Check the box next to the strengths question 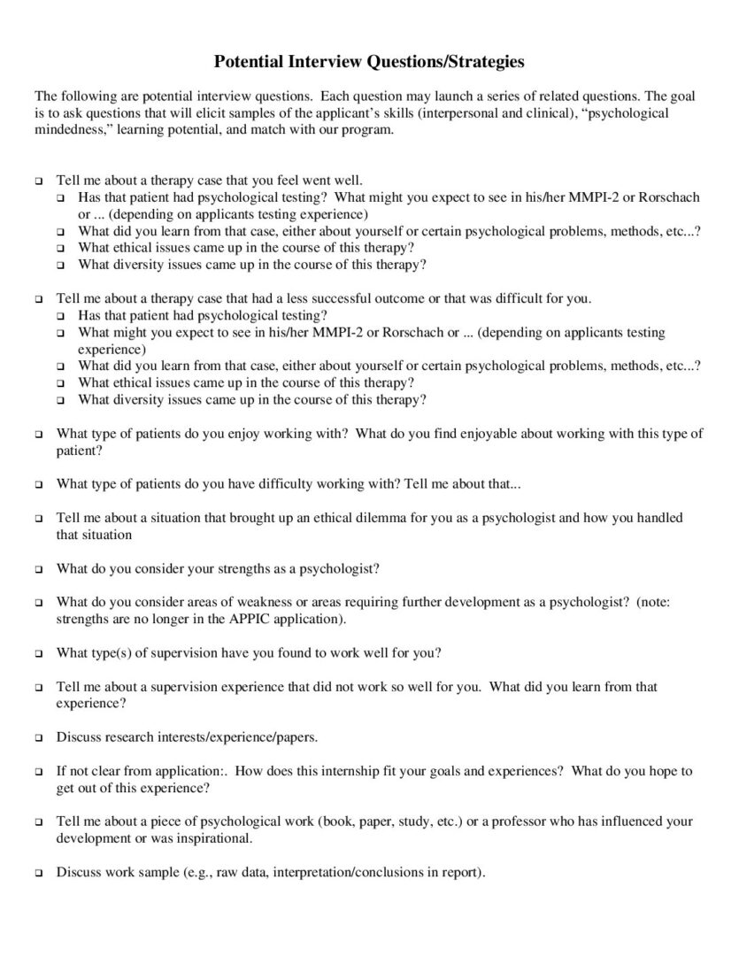point(39,568)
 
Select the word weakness point(269,602)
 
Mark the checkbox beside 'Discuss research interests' point(39,737)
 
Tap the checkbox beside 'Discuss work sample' point(39,873)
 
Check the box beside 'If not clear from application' point(39,772)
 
